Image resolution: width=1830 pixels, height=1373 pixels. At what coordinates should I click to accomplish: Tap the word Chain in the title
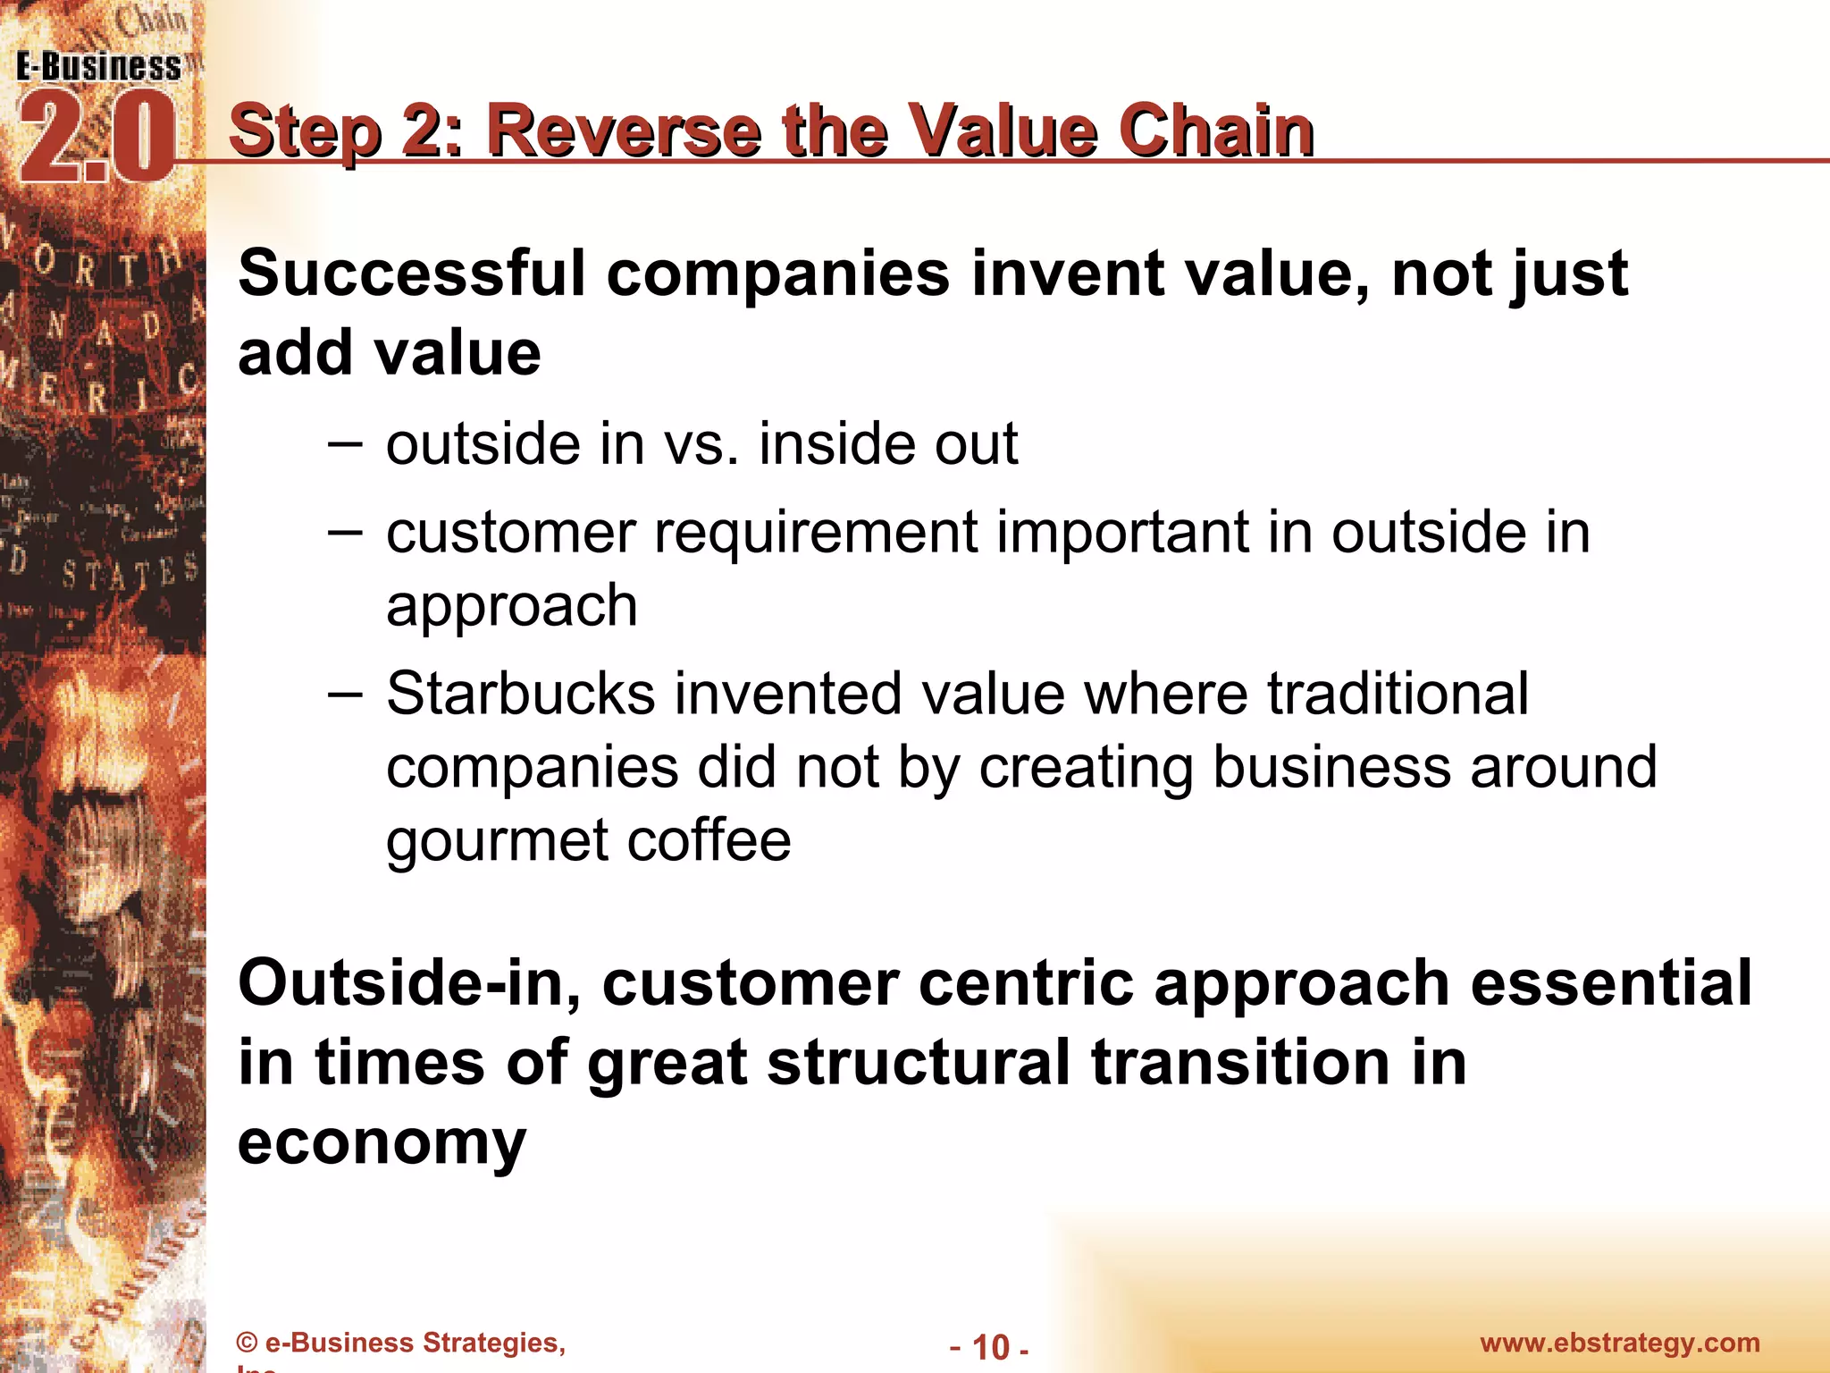point(1216,131)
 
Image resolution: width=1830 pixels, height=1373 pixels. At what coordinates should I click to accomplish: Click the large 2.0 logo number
point(97,139)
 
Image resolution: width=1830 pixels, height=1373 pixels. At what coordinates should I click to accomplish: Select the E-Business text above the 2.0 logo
point(98,67)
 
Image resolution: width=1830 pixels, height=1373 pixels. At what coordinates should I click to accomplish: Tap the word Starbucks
point(520,694)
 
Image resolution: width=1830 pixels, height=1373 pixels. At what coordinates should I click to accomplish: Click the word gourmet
point(497,842)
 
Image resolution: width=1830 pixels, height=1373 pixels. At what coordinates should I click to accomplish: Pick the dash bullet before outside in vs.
point(345,443)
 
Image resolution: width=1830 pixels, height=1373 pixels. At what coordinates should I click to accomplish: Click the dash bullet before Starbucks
point(345,694)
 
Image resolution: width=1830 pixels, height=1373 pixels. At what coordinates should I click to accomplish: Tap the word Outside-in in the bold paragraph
point(409,983)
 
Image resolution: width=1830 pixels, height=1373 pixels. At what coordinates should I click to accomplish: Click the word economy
point(382,1142)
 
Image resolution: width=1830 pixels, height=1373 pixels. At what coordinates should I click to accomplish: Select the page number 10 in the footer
point(990,1347)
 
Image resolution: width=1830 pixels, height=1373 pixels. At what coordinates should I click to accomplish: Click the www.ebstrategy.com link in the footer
point(1619,1343)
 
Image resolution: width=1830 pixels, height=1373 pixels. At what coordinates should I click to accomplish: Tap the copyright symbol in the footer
point(247,1344)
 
